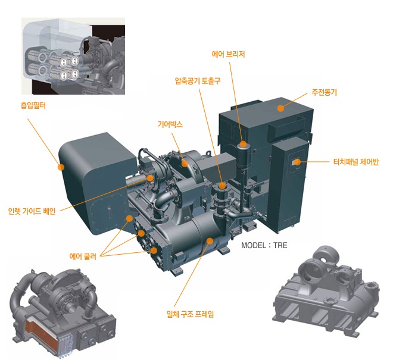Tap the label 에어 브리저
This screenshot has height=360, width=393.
[229, 54]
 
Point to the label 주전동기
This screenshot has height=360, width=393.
[324, 93]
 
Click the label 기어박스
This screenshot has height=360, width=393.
[170, 125]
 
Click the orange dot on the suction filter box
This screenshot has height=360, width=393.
[61, 167]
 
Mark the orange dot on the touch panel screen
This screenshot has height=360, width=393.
[296, 162]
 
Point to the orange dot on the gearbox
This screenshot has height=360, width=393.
[185, 162]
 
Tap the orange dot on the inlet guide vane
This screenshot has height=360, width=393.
[151, 177]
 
